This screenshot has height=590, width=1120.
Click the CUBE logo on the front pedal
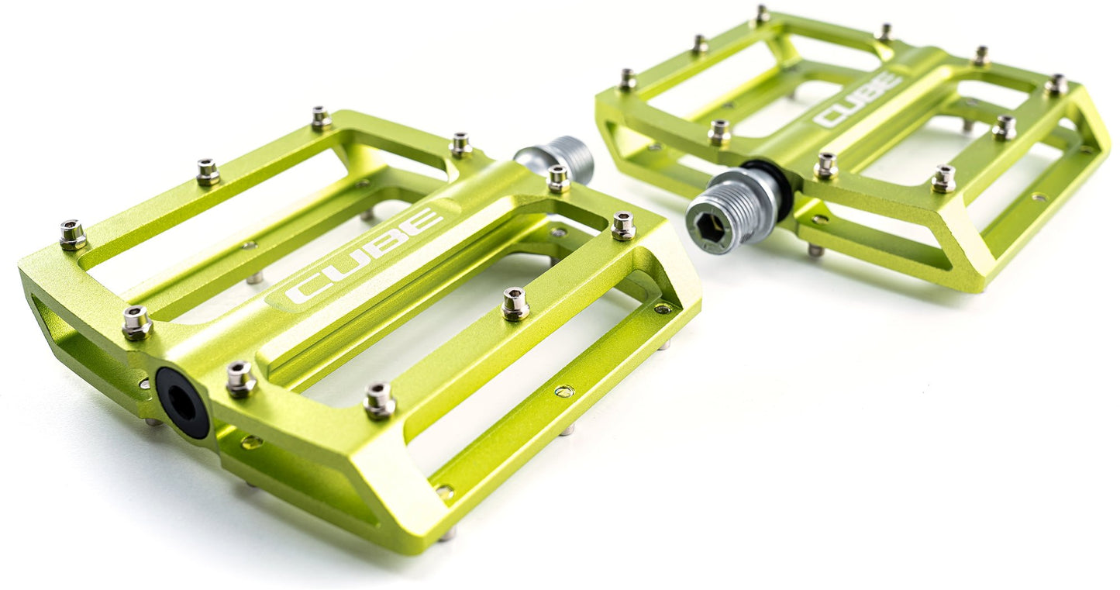[x=364, y=257]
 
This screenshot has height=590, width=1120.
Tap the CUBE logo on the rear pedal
[x=857, y=99]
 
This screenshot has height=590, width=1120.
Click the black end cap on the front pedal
[x=182, y=402]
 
